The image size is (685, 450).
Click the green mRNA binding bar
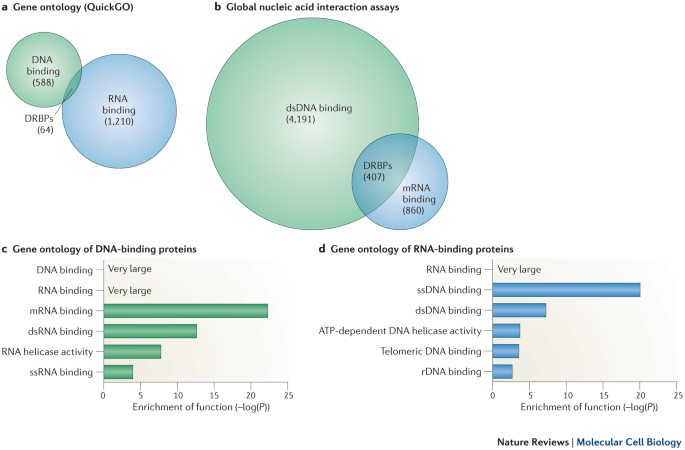[x=185, y=310]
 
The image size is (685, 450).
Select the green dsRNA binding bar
[x=150, y=330]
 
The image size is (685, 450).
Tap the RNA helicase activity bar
[x=132, y=351]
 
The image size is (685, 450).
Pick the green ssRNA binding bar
[x=118, y=372]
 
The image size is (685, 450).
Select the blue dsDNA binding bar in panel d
[x=519, y=310]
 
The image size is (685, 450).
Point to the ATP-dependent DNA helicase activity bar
[x=506, y=330]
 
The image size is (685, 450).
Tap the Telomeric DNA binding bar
[x=506, y=351]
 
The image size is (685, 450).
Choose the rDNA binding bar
[x=502, y=372]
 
